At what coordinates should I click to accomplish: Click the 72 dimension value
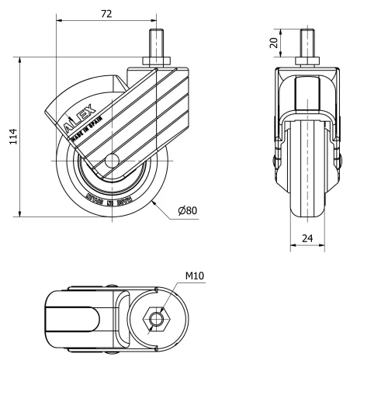(x=106, y=14)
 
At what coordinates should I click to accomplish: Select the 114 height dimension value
(x=12, y=136)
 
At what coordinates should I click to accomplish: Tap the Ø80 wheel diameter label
(x=186, y=211)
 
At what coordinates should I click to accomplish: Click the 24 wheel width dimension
(x=309, y=239)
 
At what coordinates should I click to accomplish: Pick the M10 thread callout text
(x=195, y=275)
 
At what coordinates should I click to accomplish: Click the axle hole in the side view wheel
(x=111, y=162)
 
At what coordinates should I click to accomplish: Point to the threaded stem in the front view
(x=309, y=43)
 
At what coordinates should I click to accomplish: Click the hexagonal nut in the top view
(x=158, y=319)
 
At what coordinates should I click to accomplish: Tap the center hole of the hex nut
(x=158, y=319)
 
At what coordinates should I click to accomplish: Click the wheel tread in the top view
(x=70, y=319)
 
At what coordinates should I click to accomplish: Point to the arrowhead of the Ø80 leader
(x=154, y=199)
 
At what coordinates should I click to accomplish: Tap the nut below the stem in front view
(x=309, y=61)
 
